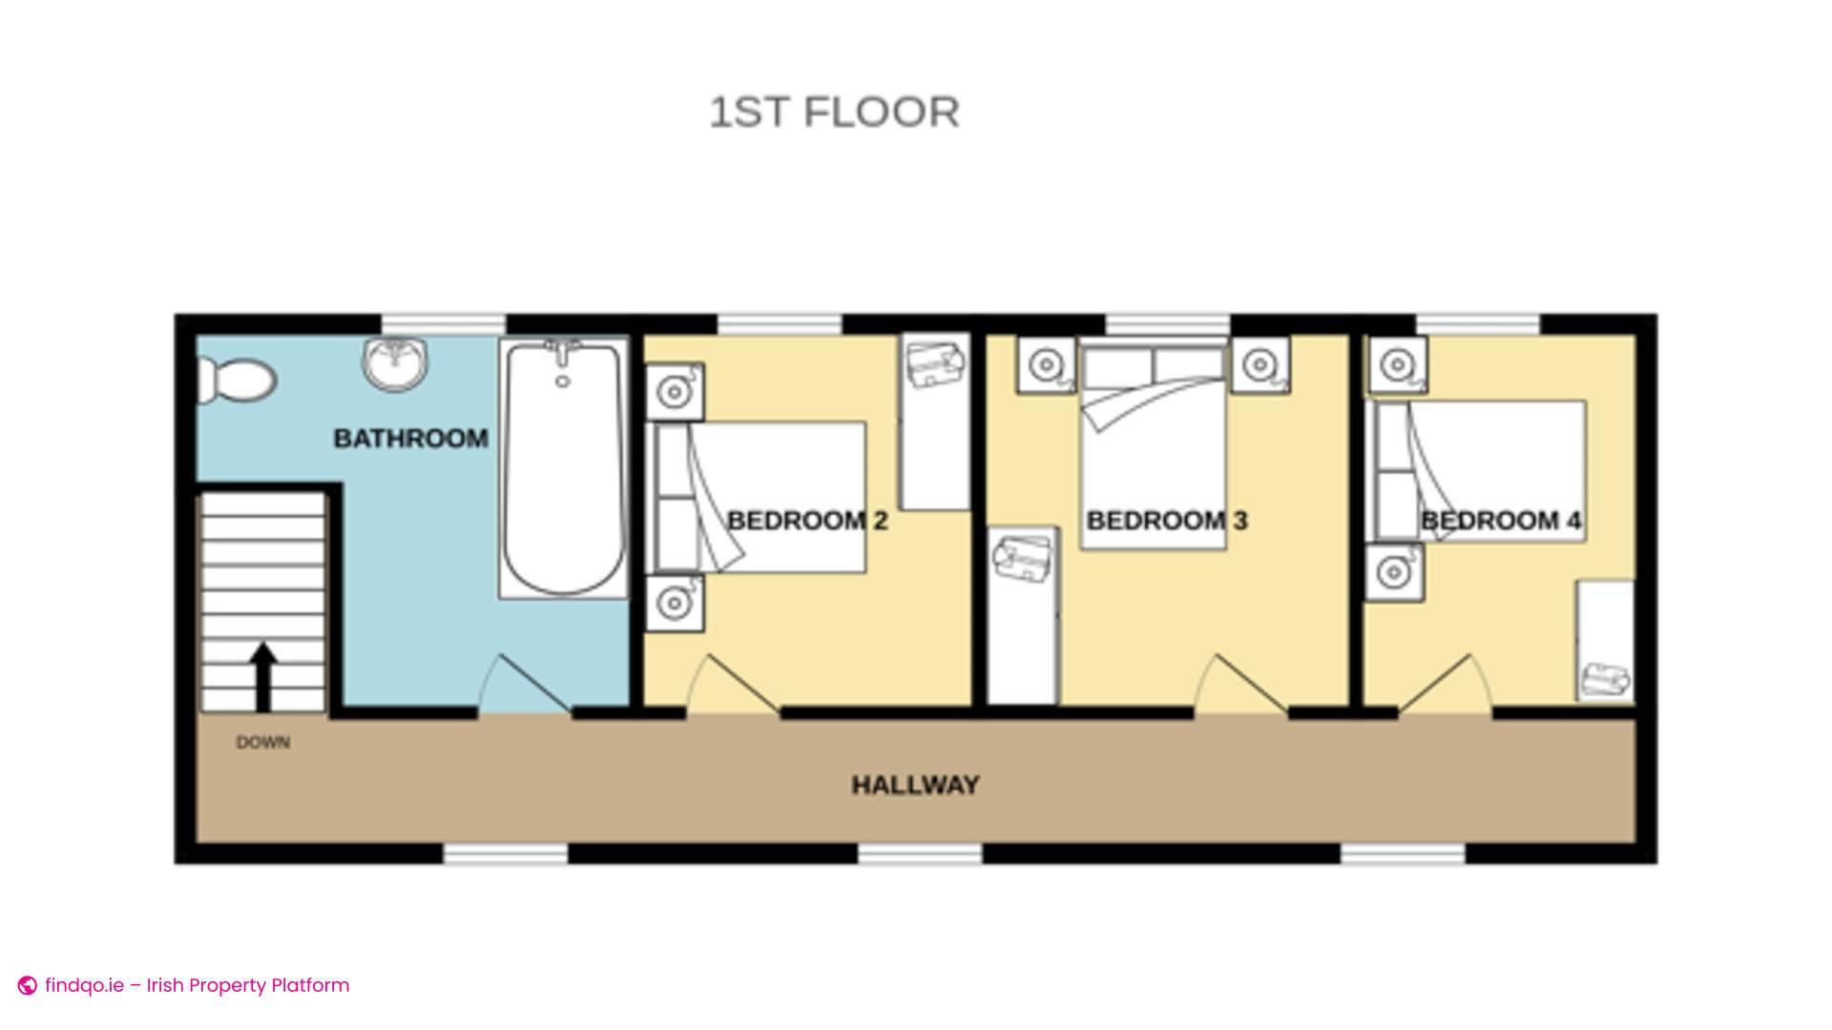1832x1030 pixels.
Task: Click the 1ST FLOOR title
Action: (x=834, y=113)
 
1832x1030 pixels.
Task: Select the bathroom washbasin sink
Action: (x=395, y=362)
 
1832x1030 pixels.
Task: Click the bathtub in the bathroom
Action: (x=563, y=468)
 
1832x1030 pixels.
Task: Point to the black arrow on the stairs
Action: (x=263, y=677)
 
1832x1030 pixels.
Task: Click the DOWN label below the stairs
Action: (x=263, y=742)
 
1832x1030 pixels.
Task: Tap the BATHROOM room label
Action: (x=411, y=439)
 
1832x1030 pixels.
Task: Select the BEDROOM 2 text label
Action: (x=807, y=521)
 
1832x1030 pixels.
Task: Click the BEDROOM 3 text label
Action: (x=1167, y=521)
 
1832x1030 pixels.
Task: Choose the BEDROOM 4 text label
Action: (x=1501, y=521)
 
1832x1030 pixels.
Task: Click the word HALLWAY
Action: (x=915, y=785)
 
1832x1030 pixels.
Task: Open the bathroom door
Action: (x=524, y=685)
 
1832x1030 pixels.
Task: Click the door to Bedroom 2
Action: (x=733, y=685)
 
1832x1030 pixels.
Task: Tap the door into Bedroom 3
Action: (x=1240, y=685)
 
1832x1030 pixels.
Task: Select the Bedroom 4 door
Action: (x=1445, y=685)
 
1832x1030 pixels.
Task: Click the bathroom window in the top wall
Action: (x=444, y=324)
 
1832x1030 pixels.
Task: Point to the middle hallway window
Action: (x=920, y=854)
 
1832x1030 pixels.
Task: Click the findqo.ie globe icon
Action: (x=28, y=985)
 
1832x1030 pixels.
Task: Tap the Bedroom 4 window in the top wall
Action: (x=1478, y=324)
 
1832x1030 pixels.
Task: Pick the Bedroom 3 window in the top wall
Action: (x=1167, y=324)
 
